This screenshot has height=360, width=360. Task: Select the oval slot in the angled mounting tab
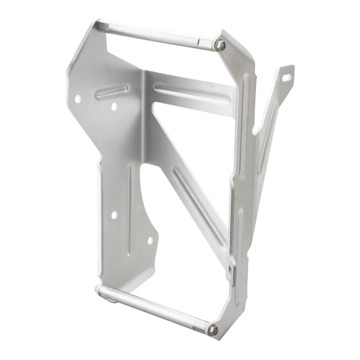pos(286,77)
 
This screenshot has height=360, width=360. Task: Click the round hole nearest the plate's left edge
pos(78,98)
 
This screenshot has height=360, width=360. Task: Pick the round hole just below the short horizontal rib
pos(114,106)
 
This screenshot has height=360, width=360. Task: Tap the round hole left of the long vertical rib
pos(114,215)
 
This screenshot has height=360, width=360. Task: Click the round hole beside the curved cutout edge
pos(150,240)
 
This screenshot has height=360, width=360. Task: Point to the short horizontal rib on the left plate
pos(112,92)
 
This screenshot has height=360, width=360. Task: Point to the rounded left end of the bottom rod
pos(99,289)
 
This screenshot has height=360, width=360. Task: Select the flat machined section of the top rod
pos(205,41)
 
